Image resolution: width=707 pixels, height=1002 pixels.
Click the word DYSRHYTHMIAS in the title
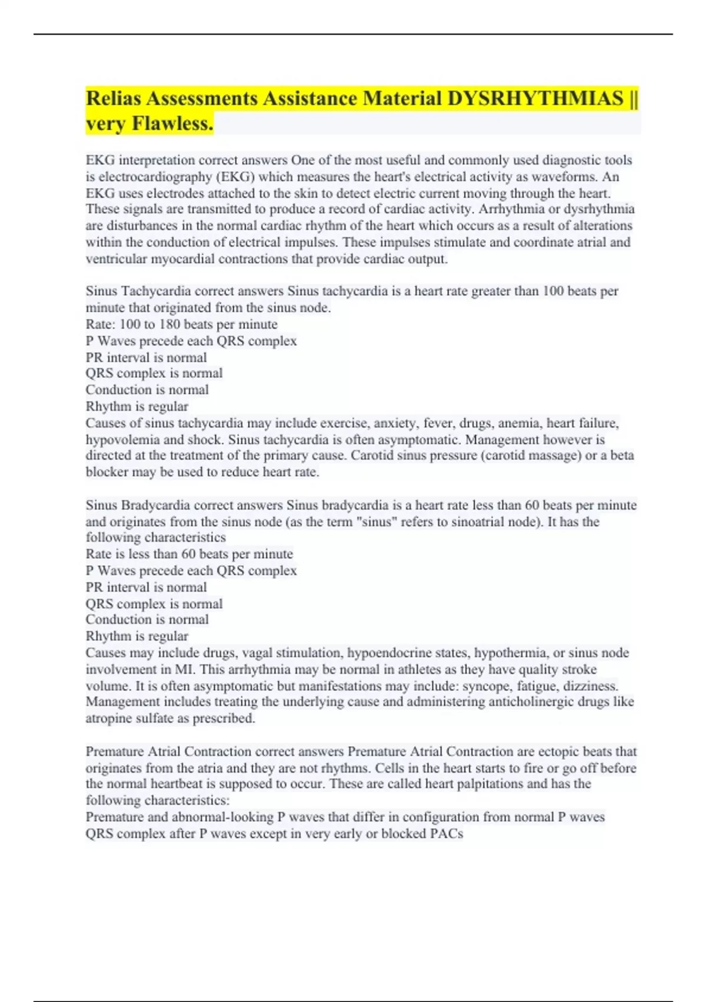click(535, 98)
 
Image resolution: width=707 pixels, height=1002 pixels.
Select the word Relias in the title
click(114, 98)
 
